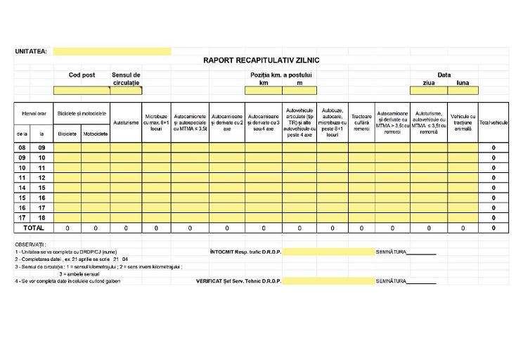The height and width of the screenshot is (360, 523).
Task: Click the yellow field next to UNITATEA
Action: click(112, 51)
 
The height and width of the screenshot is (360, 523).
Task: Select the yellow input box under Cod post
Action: click(82, 90)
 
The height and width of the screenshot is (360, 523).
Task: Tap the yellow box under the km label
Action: click(264, 90)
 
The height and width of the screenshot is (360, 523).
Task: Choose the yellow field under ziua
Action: click(429, 90)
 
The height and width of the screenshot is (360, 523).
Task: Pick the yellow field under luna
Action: click(463, 90)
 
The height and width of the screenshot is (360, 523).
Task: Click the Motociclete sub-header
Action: click(95, 133)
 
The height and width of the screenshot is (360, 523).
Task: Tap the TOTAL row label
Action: click(34, 228)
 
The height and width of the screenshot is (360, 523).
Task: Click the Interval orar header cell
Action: click(34, 113)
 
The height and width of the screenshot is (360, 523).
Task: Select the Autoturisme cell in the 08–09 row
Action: click(126, 148)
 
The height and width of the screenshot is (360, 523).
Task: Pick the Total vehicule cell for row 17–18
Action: click(493, 218)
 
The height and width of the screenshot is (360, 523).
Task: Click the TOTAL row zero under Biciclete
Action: click(67, 228)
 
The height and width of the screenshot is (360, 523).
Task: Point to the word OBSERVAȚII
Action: click(30, 244)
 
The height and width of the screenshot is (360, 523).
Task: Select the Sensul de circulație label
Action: click(126, 78)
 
